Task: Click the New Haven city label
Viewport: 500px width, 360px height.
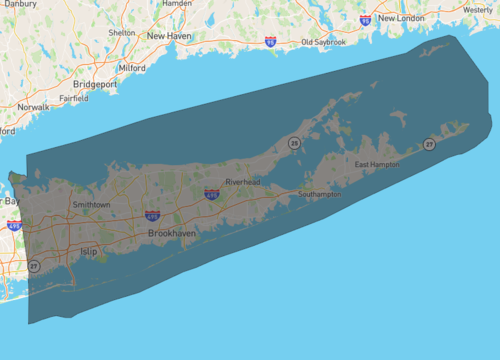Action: pyautogui.click(x=168, y=36)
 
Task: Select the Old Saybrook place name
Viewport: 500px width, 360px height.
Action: pyautogui.click(x=324, y=43)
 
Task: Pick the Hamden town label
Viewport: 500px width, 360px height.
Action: pyautogui.click(x=176, y=4)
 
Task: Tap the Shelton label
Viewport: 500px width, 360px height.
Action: pyautogui.click(x=121, y=32)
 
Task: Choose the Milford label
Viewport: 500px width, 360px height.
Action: pyautogui.click(x=132, y=68)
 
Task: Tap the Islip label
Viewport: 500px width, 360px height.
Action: pyautogui.click(x=88, y=251)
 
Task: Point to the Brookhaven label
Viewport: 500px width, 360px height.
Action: pyautogui.click(x=172, y=233)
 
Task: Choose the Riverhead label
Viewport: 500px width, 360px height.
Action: pyautogui.click(x=242, y=183)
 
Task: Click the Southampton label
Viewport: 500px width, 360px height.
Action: pyautogui.click(x=319, y=195)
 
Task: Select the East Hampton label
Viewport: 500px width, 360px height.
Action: pyautogui.click(x=377, y=163)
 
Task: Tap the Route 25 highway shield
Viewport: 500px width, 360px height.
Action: pyautogui.click(x=294, y=144)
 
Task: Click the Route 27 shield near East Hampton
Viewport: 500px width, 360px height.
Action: pyautogui.click(x=428, y=145)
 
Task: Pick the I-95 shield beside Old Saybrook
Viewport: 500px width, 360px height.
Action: pyautogui.click(x=271, y=42)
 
